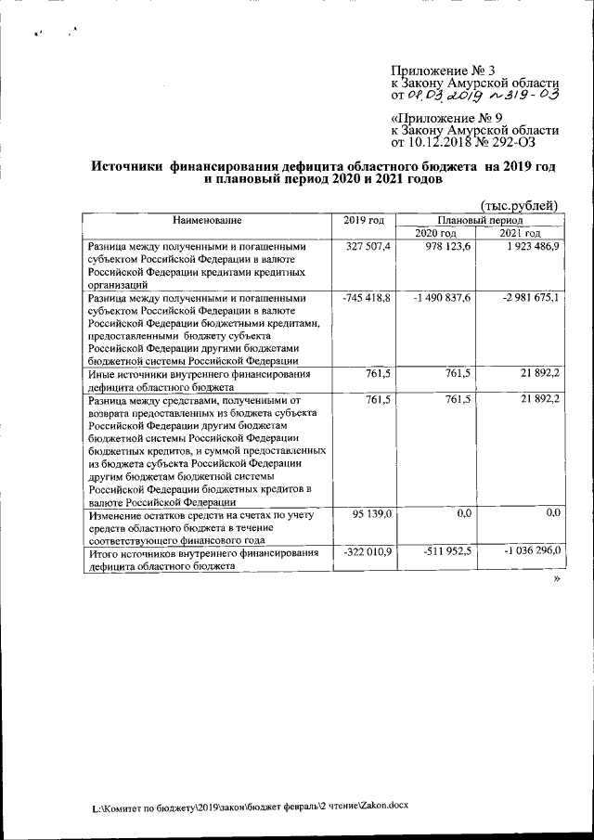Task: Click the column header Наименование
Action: click(206, 220)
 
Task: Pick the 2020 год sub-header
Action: click(435, 233)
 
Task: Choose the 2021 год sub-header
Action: click(520, 233)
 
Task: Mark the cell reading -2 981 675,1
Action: click(523, 298)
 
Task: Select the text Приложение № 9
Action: click(442, 119)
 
